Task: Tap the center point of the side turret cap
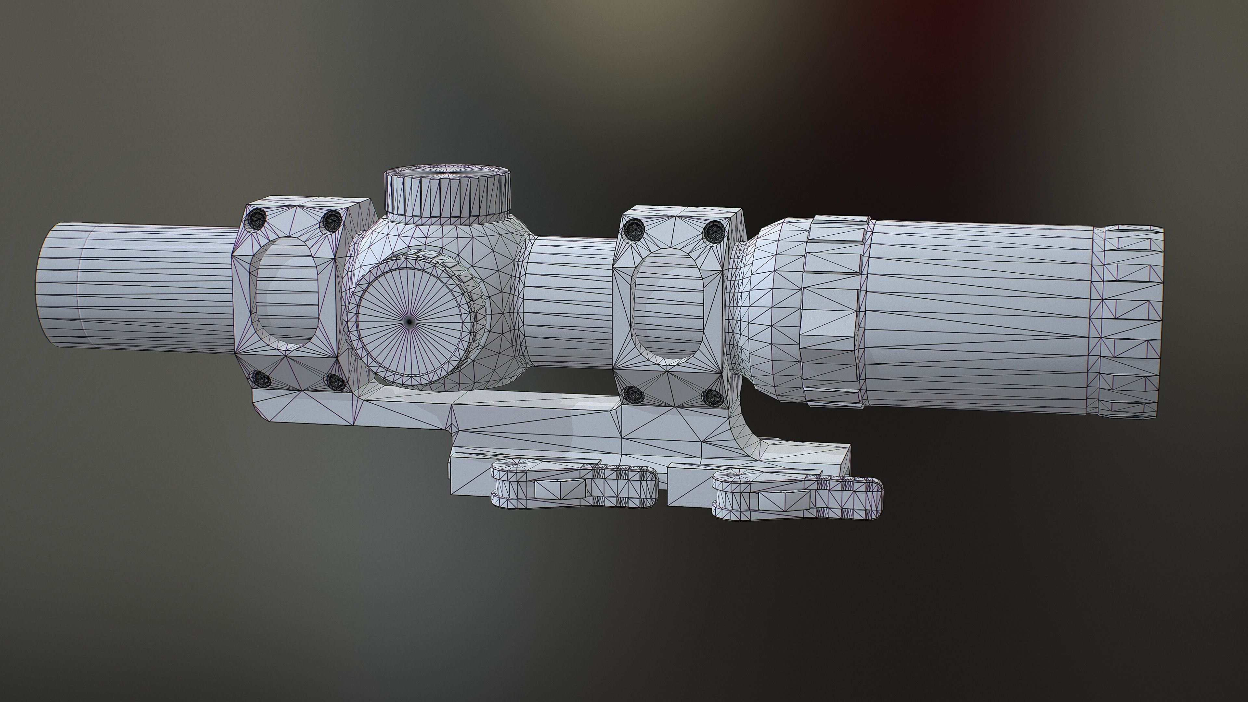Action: [409, 321]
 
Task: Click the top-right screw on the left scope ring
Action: [332, 221]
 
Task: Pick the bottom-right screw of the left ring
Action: [336, 382]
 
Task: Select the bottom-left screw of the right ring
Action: [633, 395]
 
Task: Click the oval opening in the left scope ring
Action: [286, 293]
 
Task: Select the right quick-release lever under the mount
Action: [795, 499]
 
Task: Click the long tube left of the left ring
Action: [140, 286]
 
